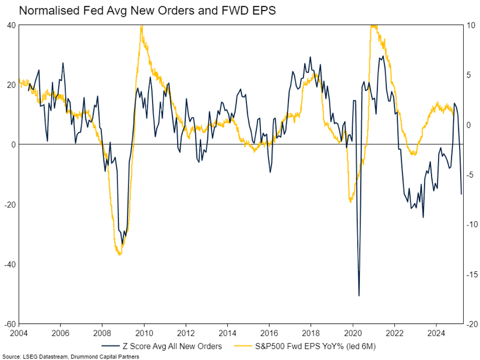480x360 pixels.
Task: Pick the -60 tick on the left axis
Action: click(x=9, y=324)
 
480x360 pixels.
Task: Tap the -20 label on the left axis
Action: click(x=9, y=204)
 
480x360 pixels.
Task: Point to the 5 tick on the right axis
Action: click(x=470, y=75)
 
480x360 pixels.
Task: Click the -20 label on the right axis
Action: click(x=472, y=324)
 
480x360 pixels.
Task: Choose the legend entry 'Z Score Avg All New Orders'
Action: click(x=170, y=347)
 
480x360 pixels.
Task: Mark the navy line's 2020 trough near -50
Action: click(x=359, y=295)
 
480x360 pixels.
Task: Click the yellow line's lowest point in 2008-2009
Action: click(x=119, y=255)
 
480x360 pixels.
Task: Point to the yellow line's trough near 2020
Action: click(x=350, y=202)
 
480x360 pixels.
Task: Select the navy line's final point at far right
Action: click(x=461, y=194)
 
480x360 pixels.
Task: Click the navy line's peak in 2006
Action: click(x=63, y=63)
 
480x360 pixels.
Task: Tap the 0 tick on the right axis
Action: click(x=470, y=125)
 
